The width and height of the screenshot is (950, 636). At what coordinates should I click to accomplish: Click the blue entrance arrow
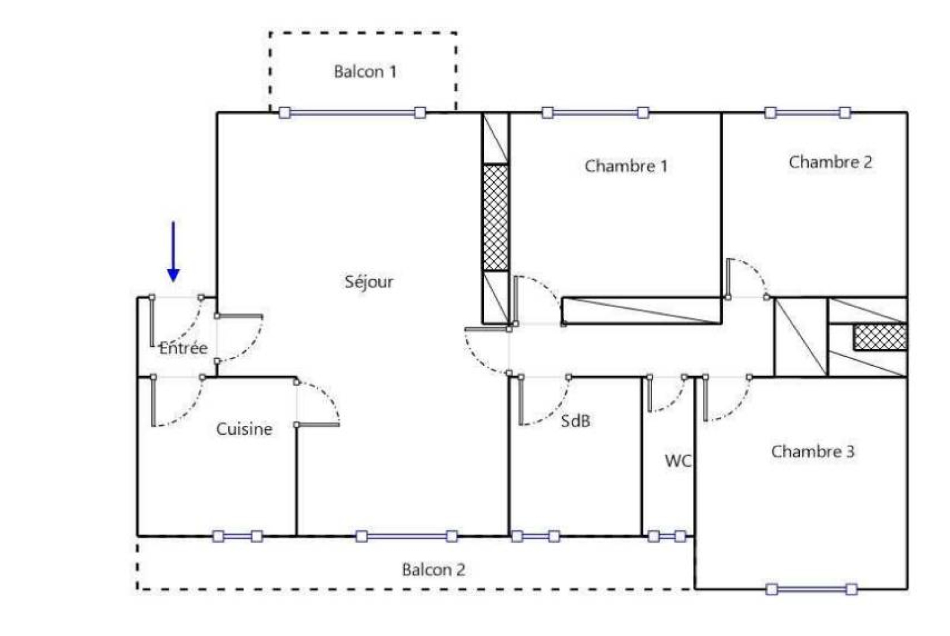173,252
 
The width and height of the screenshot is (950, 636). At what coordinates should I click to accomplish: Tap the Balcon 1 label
365,72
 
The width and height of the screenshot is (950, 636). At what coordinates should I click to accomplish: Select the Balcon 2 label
433,570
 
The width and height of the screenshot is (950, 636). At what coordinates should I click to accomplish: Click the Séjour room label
369,281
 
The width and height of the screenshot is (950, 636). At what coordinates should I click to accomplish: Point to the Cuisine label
244,429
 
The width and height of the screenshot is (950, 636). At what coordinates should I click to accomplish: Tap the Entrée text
183,348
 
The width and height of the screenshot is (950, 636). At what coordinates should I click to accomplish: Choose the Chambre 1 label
626,166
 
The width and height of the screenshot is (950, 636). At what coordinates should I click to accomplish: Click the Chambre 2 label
831,162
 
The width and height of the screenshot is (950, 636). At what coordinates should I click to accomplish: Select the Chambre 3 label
813,451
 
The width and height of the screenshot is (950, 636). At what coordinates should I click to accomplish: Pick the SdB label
575,421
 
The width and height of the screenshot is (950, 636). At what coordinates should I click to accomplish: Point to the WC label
678,461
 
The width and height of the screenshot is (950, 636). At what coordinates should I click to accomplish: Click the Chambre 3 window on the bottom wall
812,589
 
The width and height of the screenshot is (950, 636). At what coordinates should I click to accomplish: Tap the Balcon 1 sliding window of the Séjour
352,113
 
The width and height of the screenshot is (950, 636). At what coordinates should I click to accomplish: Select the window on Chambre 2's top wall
808,113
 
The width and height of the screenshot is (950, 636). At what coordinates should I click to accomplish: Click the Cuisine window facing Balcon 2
237,537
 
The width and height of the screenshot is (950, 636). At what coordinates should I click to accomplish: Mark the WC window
667,537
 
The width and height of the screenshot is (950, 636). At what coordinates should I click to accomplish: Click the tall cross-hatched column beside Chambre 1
495,217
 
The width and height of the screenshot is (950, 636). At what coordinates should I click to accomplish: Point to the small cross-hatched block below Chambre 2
881,337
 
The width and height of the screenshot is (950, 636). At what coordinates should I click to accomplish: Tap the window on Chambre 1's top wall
596,113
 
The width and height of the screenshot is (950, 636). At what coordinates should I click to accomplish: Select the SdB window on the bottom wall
535,537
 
